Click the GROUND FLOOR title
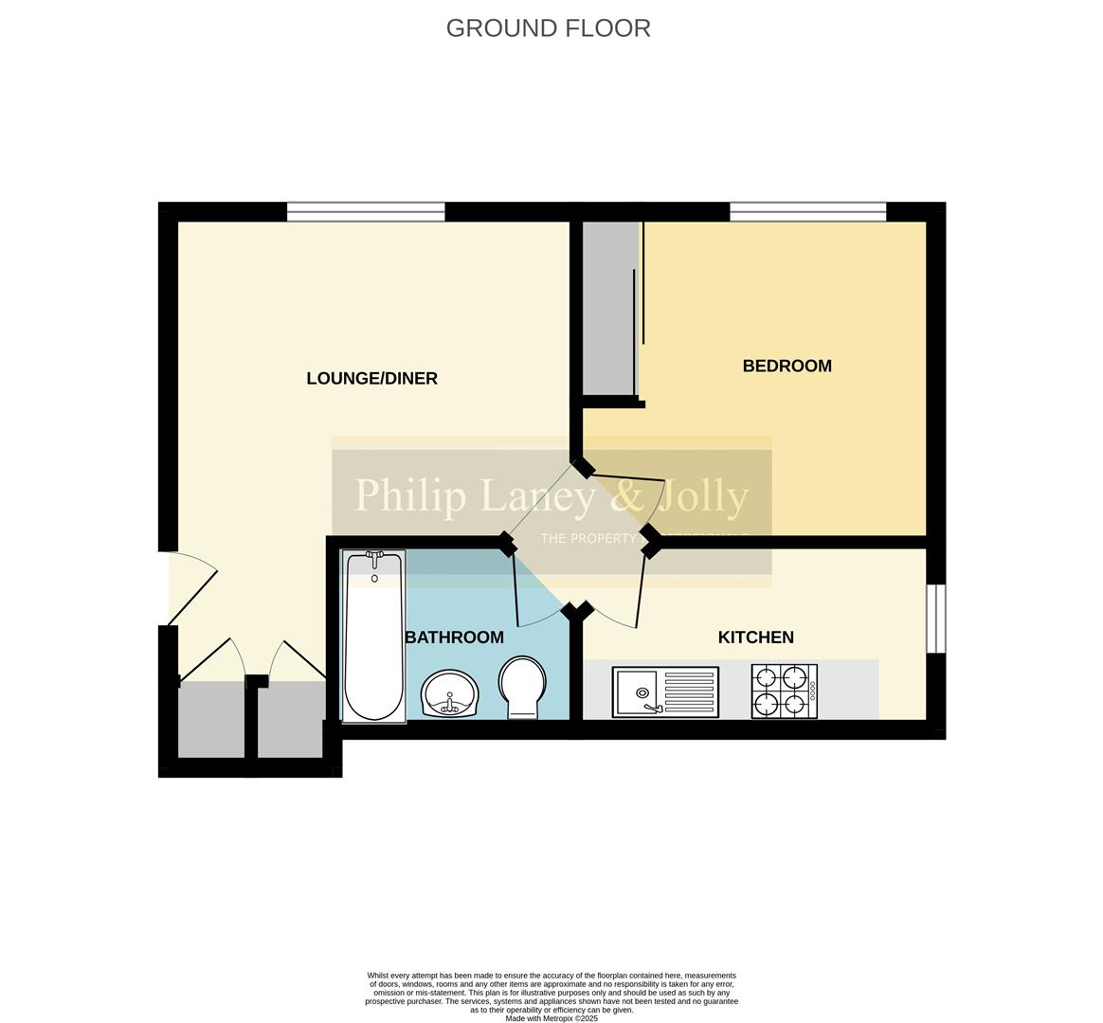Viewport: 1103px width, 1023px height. [x=548, y=28]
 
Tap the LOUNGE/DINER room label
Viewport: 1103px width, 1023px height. [x=371, y=379]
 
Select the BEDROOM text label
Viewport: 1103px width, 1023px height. [x=787, y=366]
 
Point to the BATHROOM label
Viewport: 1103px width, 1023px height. [x=454, y=637]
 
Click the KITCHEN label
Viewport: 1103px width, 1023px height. [x=755, y=637]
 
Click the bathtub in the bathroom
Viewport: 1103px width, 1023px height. [x=373, y=637]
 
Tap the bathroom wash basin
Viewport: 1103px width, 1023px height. [x=451, y=693]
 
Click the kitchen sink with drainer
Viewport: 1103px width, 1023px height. [x=665, y=692]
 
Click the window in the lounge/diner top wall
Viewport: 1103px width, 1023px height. [x=366, y=212]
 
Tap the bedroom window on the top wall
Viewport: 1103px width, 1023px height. [x=807, y=212]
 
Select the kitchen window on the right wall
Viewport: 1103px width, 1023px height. [x=935, y=619]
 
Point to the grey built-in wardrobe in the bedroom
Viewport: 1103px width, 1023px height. [x=609, y=308]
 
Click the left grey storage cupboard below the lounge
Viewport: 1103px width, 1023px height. [x=210, y=720]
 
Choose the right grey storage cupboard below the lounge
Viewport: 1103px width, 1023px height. [x=290, y=720]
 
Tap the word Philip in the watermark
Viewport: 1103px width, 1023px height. [x=409, y=495]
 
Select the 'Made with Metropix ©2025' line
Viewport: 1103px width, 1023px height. [x=551, y=1018]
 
